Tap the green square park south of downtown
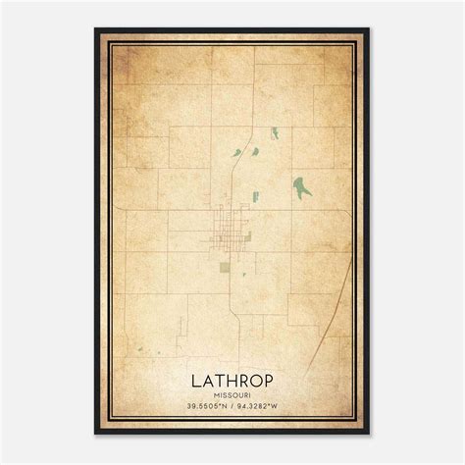click(225, 266)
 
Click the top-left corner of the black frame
click(96, 29)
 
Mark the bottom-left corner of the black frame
click(96, 433)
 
